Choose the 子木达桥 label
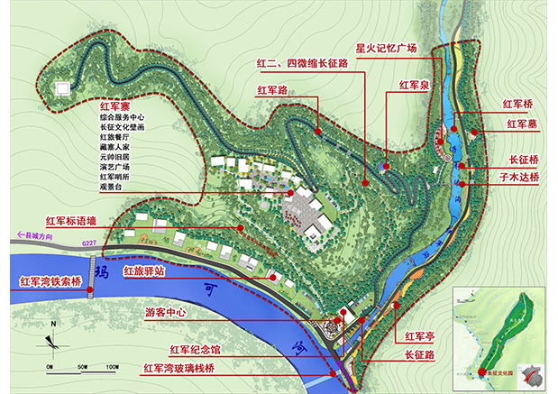(x=520, y=178)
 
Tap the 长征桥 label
(x=523, y=160)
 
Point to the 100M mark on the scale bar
(x=113, y=366)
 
